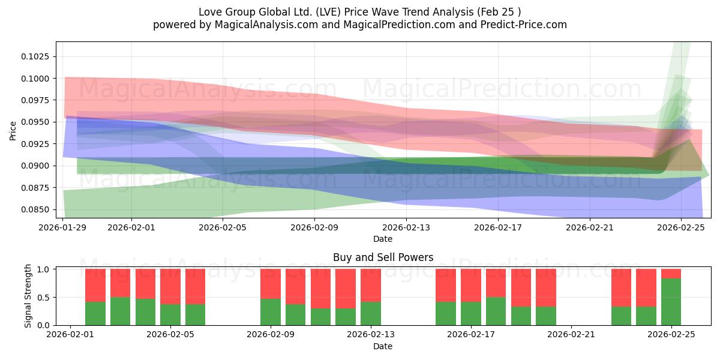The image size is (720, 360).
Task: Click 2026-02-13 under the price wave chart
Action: coord(406,228)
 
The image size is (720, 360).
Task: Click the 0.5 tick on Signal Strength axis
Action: coord(44,298)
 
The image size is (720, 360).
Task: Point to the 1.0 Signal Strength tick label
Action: coord(44,269)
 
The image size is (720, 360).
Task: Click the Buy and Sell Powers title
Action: coord(383,257)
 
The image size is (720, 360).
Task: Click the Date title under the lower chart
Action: coord(383,346)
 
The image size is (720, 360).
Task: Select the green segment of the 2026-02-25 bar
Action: coord(671,302)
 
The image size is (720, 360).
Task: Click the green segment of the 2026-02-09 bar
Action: coord(271,311)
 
